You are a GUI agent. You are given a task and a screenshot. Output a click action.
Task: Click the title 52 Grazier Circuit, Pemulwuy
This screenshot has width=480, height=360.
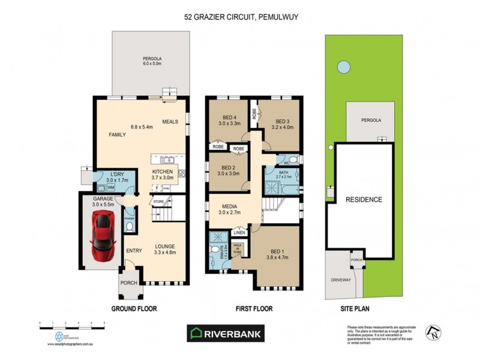[241, 17]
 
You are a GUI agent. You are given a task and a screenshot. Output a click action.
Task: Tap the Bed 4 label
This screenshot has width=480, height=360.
[227, 118]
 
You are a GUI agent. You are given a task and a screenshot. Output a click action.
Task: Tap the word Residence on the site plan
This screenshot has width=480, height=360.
[364, 199]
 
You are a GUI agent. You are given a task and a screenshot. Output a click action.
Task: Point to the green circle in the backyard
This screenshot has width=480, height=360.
[343, 66]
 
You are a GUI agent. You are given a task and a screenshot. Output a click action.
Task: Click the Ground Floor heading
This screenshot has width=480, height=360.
[134, 309]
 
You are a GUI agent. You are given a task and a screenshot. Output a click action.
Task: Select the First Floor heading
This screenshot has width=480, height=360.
[252, 309]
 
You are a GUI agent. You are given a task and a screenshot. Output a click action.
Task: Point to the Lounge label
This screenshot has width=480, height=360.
[164, 245]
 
